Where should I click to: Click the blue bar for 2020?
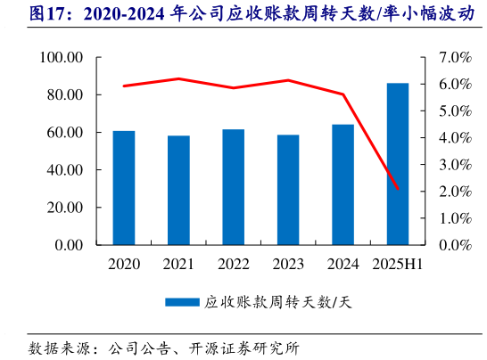124,187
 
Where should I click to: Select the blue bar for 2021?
178,190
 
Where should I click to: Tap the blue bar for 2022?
234,186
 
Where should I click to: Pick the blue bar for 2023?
288,189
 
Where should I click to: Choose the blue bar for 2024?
343,184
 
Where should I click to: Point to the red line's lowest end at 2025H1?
397,189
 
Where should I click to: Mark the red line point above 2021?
178,78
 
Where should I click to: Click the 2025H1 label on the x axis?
397,264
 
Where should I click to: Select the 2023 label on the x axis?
288,264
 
